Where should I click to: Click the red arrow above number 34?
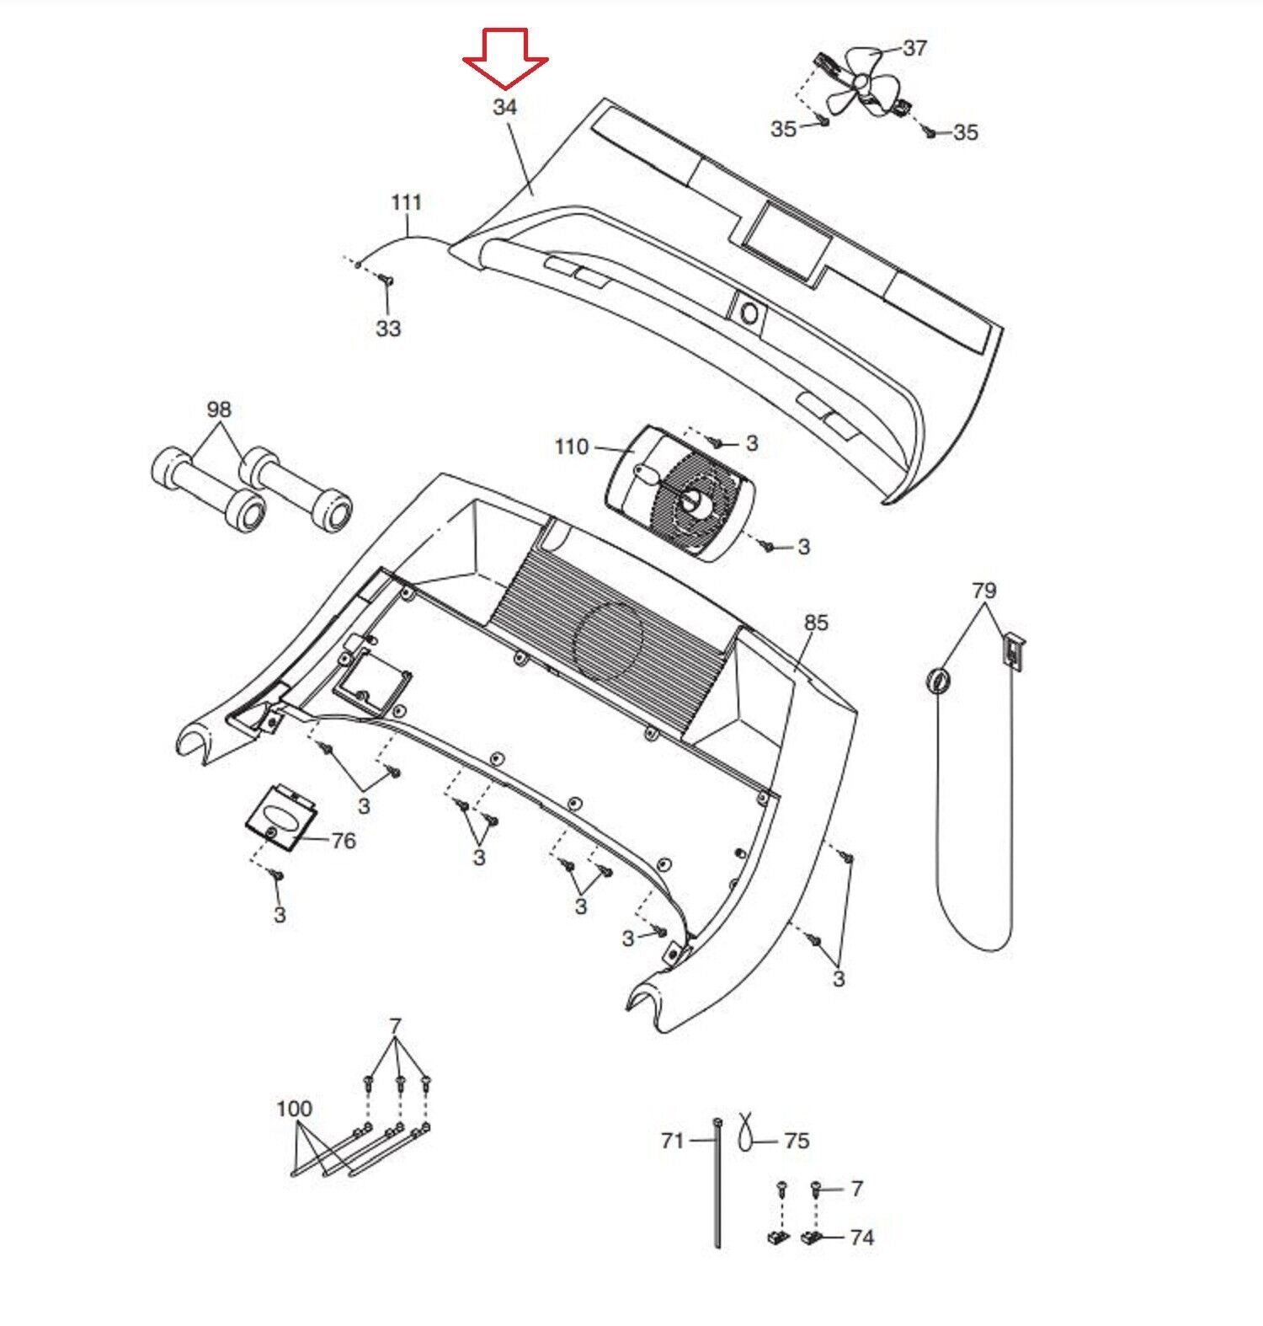coord(505,59)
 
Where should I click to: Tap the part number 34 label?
coord(504,108)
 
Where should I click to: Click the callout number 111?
coord(407,203)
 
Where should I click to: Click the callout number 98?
coord(219,409)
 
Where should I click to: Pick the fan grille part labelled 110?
coord(681,493)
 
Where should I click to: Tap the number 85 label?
coord(816,623)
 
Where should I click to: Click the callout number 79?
coord(983,591)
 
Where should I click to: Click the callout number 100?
coord(294,1109)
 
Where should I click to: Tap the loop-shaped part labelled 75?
coord(745,1130)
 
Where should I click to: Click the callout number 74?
coord(861,1238)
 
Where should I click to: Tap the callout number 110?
coord(571,446)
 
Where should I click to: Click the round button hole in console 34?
coord(749,314)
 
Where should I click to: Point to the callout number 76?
coord(344,841)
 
